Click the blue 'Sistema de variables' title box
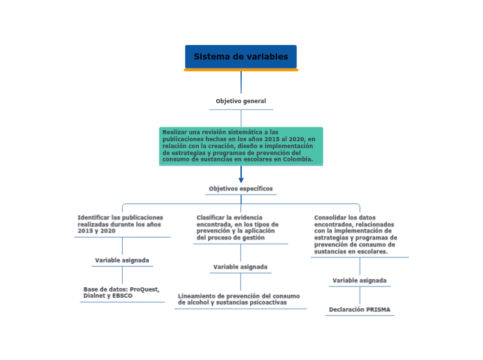[240, 57]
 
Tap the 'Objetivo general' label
[240, 101]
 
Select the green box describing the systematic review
[240, 145]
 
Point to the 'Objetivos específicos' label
[240, 188]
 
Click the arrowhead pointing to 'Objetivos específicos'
[241, 179]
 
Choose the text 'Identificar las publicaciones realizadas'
[121, 224]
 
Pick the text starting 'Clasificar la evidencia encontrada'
[238, 227]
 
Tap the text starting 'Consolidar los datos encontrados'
[355, 234]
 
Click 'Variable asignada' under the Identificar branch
[122, 260]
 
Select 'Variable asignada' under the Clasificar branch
[240, 267]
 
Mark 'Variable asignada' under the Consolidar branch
[360, 280]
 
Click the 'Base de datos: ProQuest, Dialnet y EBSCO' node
[121, 292]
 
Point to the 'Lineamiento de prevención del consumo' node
[239, 299]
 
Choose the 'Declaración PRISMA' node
[360, 309]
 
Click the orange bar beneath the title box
[240, 70]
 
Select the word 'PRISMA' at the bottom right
[379, 309]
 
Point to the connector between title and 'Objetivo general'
[241, 82]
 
